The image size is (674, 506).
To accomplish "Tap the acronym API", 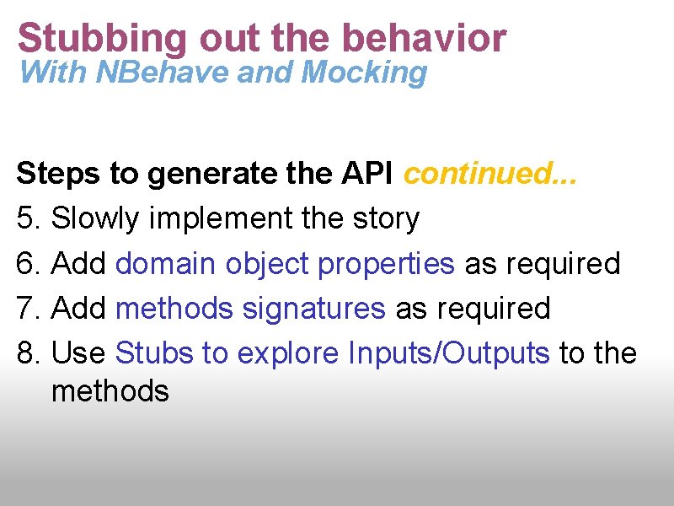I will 366,174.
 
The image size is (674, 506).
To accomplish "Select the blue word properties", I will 386,263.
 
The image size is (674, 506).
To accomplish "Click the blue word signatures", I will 313,308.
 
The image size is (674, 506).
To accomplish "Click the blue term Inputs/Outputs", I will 448,353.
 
